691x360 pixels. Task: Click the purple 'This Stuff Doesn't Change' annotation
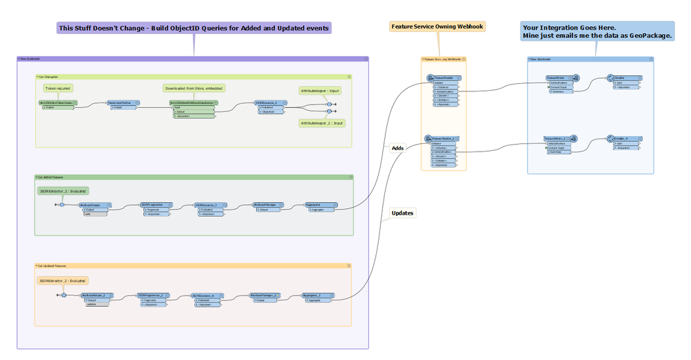click(194, 28)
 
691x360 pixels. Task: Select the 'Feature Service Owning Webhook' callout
click(437, 26)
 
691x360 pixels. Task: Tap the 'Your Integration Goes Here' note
click(598, 30)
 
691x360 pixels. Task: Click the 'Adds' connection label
click(398, 147)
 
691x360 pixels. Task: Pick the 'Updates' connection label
click(402, 213)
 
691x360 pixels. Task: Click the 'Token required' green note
click(58, 89)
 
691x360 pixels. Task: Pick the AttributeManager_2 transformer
click(264, 295)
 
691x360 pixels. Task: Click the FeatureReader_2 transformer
click(443, 139)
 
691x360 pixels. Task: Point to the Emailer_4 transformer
click(623, 138)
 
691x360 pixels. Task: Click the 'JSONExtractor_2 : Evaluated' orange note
click(63, 281)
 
